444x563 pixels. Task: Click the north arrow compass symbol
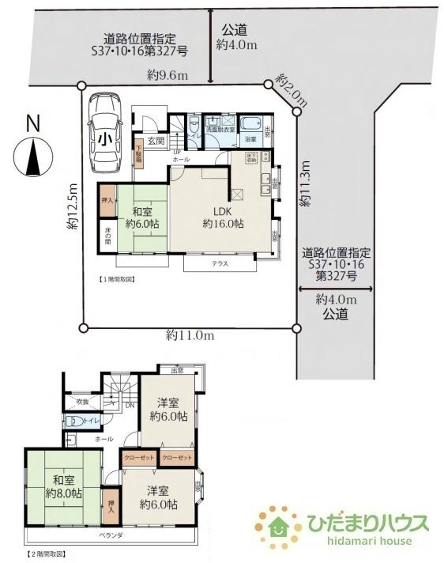(32, 153)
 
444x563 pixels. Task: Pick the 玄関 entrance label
(155, 141)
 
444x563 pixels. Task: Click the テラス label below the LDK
(220, 263)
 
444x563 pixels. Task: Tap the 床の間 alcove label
(107, 235)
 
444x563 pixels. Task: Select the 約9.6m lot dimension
(167, 75)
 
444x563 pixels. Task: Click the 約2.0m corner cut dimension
(290, 90)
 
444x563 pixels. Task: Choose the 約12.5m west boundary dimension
(73, 208)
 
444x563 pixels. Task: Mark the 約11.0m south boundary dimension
(190, 335)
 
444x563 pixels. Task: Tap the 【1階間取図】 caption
(117, 279)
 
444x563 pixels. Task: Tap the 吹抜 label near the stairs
(83, 402)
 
